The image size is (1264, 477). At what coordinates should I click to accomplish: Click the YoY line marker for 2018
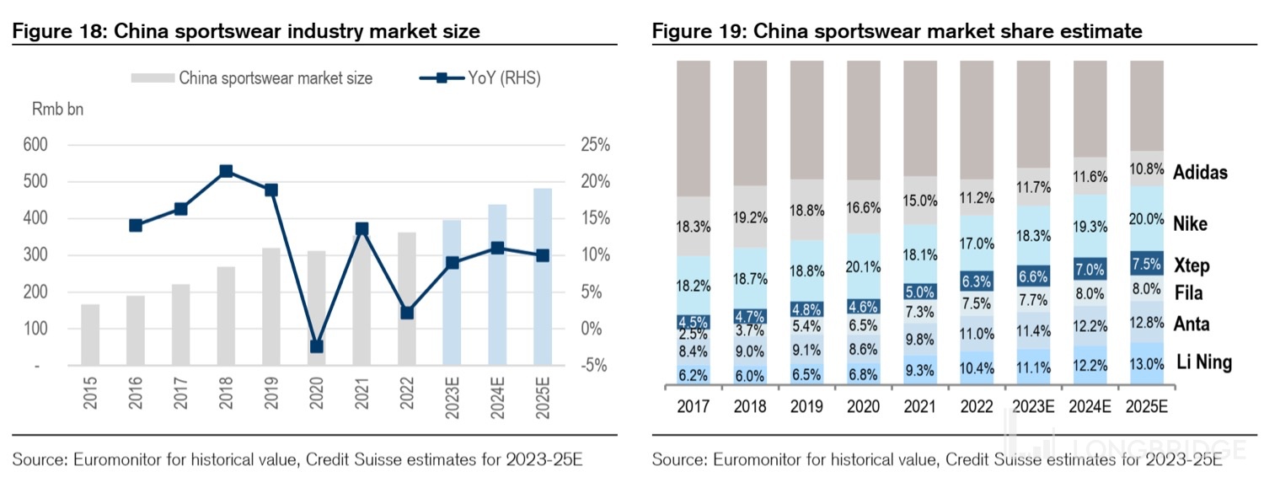point(226,171)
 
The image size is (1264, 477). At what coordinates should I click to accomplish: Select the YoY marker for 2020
point(317,346)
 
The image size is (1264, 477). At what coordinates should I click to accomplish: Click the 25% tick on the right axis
point(596,145)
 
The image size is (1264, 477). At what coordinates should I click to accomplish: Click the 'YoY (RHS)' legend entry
point(480,78)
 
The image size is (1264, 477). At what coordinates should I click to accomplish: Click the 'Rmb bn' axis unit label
point(58,109)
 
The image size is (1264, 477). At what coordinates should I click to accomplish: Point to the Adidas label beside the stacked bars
point(1200,173)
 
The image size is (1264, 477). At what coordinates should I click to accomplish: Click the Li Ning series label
point(1204,363)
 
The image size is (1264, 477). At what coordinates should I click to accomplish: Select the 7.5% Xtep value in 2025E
point(1147,263)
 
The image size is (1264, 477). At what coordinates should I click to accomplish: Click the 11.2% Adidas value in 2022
point(977,198)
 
